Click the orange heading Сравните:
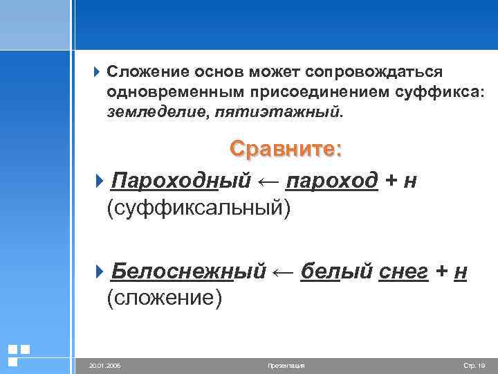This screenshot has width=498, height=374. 286,150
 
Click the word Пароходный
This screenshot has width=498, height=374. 179,180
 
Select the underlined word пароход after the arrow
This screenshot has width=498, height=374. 331,180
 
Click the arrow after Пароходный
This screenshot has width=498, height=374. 267,180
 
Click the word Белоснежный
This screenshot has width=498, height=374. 187,271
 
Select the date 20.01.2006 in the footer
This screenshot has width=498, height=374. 104,364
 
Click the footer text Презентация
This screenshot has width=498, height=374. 285,364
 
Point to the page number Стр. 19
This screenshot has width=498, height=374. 474,364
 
